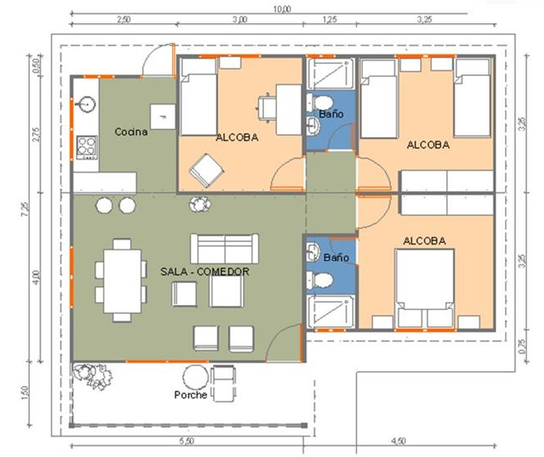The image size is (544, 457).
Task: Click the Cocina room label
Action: pyautogui.click(x=131, y=132)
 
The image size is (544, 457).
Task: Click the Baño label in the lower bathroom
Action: pyautogui.click(x=336, y=258)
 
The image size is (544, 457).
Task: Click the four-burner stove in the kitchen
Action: pyautogui.click(x=86, y=148)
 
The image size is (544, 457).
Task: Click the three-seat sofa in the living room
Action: pyautogui.click(x=224, y=247)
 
